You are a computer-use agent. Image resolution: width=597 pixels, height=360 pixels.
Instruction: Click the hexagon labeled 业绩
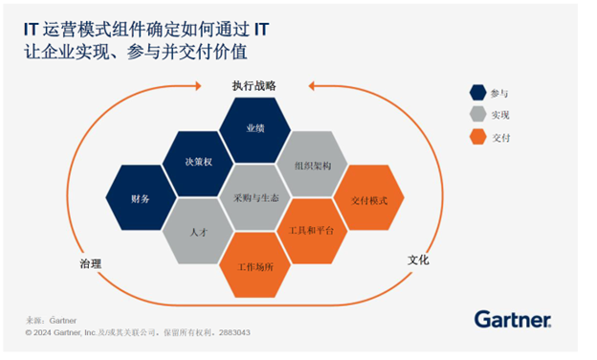pyautogui.click(x=254, y=127)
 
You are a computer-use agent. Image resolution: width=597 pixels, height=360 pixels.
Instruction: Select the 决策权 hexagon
pyautogui.click(x=199, y=162)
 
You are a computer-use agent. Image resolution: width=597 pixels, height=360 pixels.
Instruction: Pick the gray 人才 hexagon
pyautogui.click(x=199, y=232)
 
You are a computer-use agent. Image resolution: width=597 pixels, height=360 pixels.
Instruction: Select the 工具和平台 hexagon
pyautogui.click(x=312, y=232)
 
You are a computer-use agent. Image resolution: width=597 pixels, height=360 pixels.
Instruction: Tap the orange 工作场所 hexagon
pyautogui.click(x=255, y=265)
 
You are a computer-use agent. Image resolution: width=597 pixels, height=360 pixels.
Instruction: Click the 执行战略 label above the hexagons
pyautogui.click(x=254, y=85)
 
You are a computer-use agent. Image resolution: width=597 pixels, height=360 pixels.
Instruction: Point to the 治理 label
pyautogui.click(x=91, y=263)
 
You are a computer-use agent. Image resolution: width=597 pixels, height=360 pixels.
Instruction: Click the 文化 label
pyautogui.click(x=418, y=259)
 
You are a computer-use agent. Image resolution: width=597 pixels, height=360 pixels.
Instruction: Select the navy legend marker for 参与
pyautogui.click(x=476, y=93)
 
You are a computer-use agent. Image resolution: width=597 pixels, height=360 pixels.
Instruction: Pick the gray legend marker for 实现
pyautogui.click(x=476, y=115)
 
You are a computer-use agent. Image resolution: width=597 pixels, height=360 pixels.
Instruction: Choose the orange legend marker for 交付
pyautogui.click(x=476, y=137)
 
